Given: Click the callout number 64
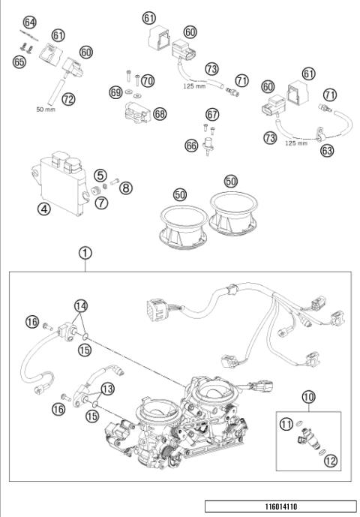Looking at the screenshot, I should (x=29, y=23).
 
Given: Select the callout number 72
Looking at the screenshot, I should (x=68, y=98).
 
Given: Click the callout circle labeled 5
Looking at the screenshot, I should (x=100, y=175).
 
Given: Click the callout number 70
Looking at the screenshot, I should (x=148, y=80).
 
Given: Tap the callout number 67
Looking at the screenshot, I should (x=212, y=114).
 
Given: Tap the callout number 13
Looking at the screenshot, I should (x=107, y=388).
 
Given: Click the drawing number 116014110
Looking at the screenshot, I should (x=277, y=506).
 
